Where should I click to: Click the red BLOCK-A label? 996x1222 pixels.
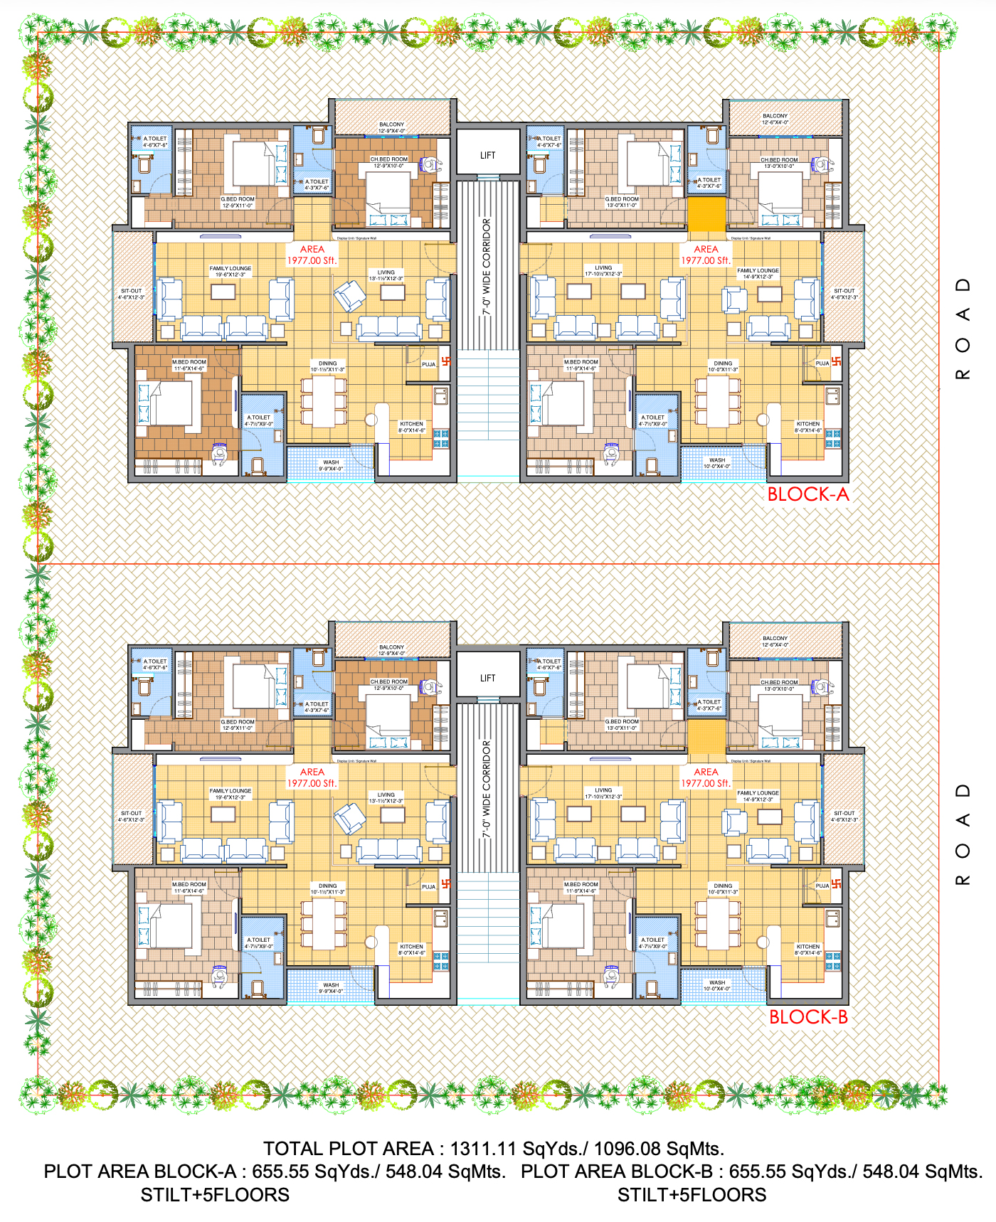(808, 494)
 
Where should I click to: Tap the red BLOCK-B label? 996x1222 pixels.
(808, 1017)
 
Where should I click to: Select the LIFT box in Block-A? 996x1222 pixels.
(487, 155)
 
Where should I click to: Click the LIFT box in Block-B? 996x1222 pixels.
(487, 678)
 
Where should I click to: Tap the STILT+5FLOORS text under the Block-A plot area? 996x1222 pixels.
(215, 1195)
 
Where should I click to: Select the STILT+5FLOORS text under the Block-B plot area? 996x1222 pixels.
(692, 1195)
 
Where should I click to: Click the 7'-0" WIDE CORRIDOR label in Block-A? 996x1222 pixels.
(487, 267)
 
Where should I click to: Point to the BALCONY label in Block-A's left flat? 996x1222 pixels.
(391, 124)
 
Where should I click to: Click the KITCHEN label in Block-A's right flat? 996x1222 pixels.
(808, 424)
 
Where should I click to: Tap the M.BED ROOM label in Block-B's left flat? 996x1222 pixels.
(189, 885)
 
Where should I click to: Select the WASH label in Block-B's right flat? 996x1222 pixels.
(717, 982)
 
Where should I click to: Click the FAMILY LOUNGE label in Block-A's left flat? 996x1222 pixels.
(231, 269)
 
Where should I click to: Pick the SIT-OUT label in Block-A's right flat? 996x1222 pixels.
(844, 291)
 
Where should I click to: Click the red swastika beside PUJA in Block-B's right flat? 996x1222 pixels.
(837, 884)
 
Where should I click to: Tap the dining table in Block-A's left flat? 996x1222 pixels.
(324, 403)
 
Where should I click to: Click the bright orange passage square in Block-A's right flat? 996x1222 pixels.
(706, 214)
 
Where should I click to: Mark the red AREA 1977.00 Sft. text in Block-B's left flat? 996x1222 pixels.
(312, 777)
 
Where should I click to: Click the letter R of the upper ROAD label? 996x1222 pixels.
(963, 374)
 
